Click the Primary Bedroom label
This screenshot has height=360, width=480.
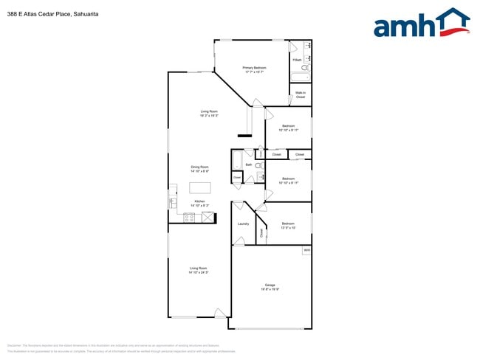coord(254,69)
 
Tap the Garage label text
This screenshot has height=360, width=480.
coord(270,287)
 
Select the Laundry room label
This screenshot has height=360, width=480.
coord(243,224)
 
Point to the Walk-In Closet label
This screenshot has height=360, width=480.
coord(301,94)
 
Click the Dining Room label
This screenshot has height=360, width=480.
coord(200,169)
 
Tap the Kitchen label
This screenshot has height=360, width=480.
coord(199,204)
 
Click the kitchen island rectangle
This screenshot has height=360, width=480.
coord(200,187)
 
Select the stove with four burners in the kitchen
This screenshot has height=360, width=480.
coord(189,217)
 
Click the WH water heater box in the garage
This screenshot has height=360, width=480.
coord(306,251)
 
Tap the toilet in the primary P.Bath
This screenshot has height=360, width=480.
coord(305,68)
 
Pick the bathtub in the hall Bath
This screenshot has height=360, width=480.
coord(237,160)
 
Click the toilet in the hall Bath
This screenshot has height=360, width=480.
coord(258,167)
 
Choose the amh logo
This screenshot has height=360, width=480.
coord(421,24)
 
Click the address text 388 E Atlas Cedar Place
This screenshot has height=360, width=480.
coord(52,13)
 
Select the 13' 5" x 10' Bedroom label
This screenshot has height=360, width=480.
coord(287,225)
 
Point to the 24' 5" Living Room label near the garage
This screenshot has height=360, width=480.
coord(198,270)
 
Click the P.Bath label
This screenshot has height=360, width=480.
coord(296,60)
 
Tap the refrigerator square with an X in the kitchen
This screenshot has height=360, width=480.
coord(208,217)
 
